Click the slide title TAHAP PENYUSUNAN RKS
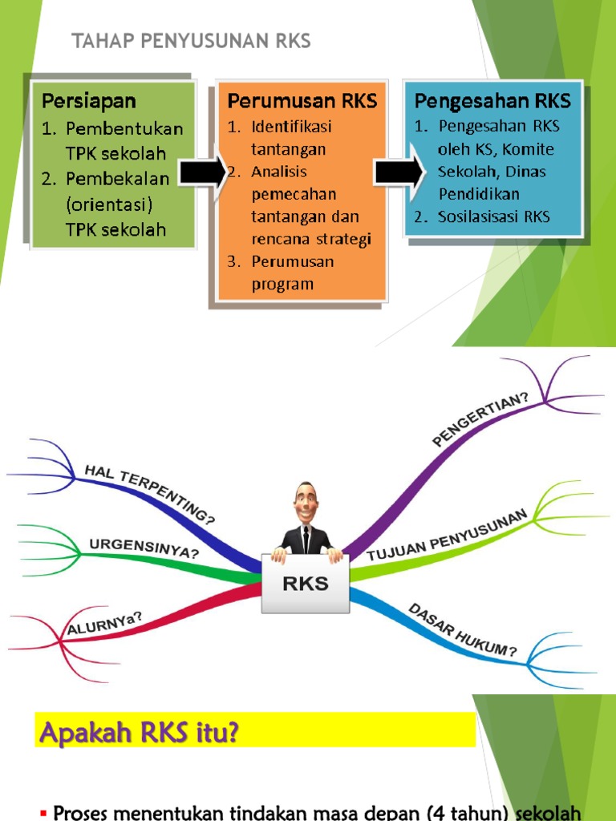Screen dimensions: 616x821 tap(191, 42)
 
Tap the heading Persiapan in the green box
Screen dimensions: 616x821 tap(89, 101)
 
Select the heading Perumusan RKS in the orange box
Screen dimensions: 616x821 tap(302, 101)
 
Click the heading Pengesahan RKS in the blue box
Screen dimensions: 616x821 tap(492, 101)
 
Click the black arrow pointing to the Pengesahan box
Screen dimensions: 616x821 tap(398, 169)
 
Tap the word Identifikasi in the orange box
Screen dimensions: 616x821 tap(291, 127)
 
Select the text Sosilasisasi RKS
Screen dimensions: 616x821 tap(494, 216)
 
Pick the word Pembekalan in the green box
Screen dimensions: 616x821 tap(118, 180)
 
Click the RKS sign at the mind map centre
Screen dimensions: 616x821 tap(306, 584)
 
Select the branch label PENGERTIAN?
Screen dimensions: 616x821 tap(480, 418)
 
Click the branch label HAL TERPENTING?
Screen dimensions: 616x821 tap(150, 494)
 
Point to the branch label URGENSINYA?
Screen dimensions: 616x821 tap(144, 548)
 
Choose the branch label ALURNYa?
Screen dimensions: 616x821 tap(105, 624)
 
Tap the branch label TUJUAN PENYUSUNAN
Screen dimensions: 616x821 tap(447, 534)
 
